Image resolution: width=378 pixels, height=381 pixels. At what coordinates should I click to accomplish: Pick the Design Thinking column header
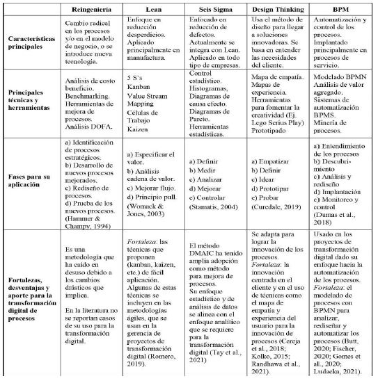coord(276,10)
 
